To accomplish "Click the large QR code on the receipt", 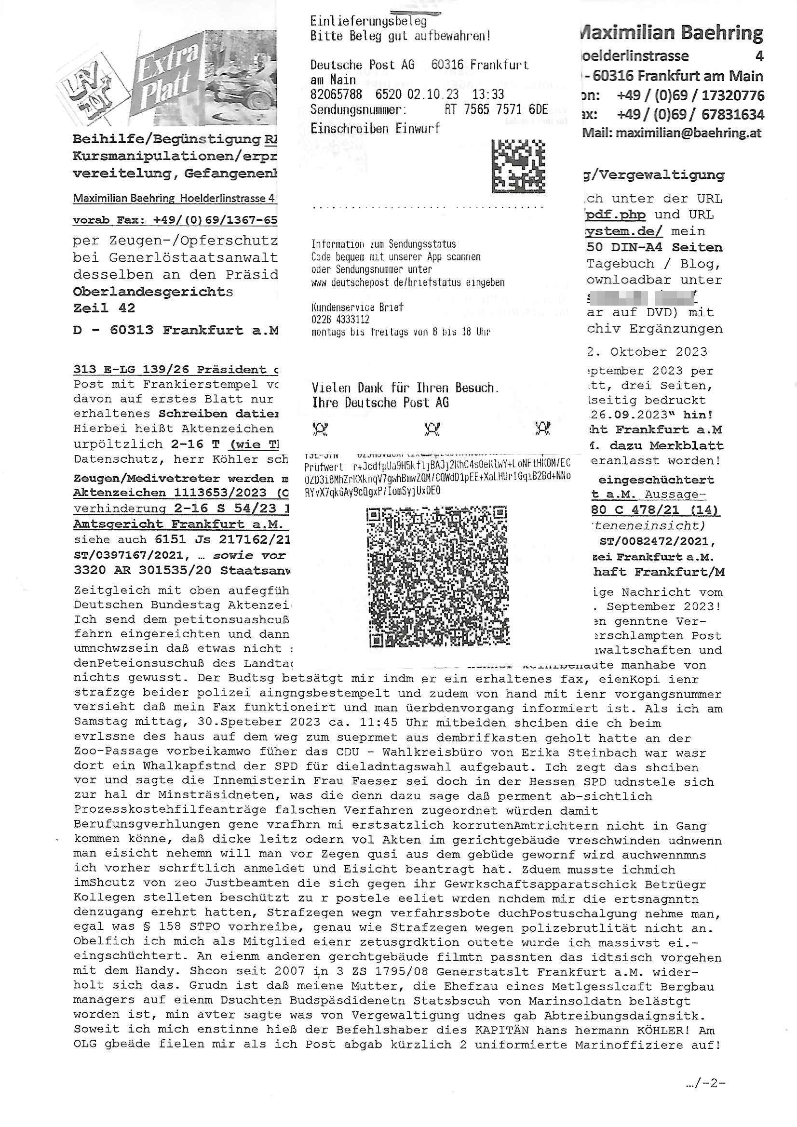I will (437, 577).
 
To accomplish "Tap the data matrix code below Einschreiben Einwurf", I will (518, 166).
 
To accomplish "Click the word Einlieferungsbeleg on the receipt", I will (368, 21).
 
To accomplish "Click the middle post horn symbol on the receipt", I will (432, 429).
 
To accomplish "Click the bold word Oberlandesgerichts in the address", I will (153, 292).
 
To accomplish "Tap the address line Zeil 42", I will (104, 308).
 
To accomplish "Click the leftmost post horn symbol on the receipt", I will (320, 429).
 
